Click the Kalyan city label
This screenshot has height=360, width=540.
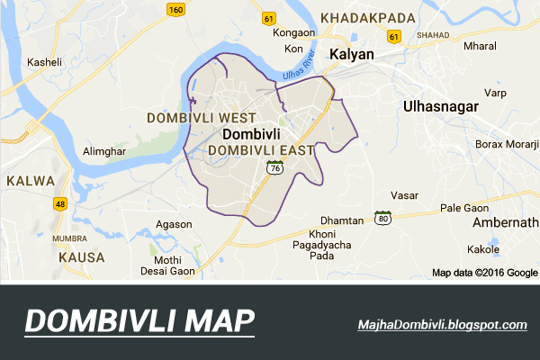350,54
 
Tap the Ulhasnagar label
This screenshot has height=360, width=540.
438,106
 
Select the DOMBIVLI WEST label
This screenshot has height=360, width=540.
201,118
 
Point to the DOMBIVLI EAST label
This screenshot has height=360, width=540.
260,150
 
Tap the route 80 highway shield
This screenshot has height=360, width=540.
383,219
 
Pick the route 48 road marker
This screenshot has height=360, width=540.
60,204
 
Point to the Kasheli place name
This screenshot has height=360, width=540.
45,62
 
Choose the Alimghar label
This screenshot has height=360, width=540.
102,151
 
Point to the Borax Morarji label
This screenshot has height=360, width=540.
506,144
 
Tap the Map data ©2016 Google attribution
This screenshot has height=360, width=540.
484,272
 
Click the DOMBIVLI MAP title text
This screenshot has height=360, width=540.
139,321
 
